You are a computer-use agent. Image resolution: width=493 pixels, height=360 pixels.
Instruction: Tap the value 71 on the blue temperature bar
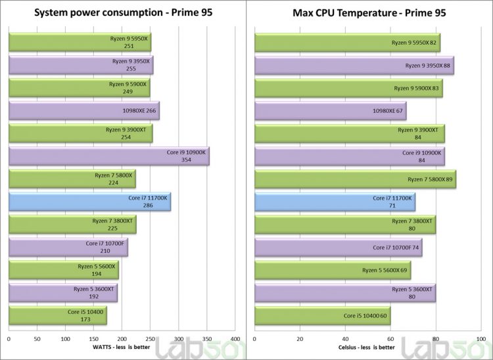(402, 205)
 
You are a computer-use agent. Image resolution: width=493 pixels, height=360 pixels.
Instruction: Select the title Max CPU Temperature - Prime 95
(365, 12)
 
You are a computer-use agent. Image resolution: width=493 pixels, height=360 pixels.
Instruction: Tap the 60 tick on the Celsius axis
(390, 339)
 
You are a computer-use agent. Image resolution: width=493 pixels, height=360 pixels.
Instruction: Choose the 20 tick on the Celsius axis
(300, 339)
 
